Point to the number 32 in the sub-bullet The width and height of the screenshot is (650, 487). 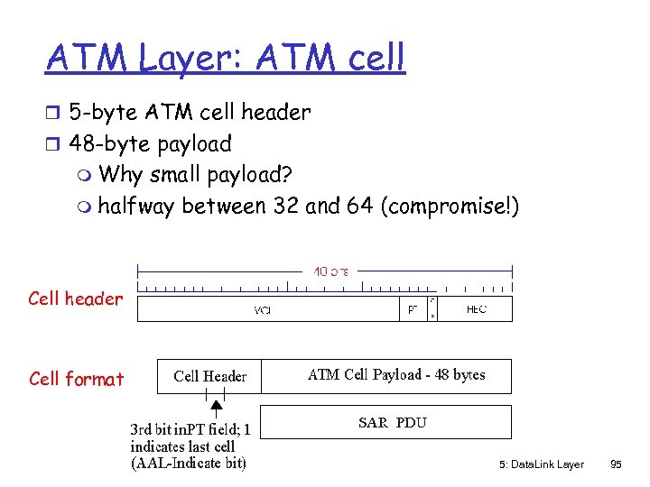pyautogui.click(x=284, y=206)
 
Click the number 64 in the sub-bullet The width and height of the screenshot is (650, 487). pyautogui.click(x=360, y=206)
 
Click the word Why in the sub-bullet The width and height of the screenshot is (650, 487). pyautogui.click(x=120, y=173)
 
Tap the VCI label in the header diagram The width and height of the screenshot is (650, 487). pyautogui.click(x=263, y=309)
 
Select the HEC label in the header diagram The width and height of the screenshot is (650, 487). pyautogui.click(x=477, y=308)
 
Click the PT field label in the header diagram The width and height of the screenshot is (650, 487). pyautogui.click(x=412, y=308)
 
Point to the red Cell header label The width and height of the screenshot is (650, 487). pyautogui.click(x=75, y=299)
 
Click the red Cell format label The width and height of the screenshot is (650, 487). pyautogui.click(x=76, y=379)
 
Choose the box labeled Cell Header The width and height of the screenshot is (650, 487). pyautogui.click(x=209, y=376)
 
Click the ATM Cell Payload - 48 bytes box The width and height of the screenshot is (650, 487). pyautogui.click(x=396, y=375)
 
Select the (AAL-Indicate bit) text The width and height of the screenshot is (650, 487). pyautogui.click(x=188, y=464)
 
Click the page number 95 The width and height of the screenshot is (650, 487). pyautogui.click(x=616, y=464)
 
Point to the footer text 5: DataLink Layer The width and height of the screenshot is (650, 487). pyautogui.click(x=541, y=464)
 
